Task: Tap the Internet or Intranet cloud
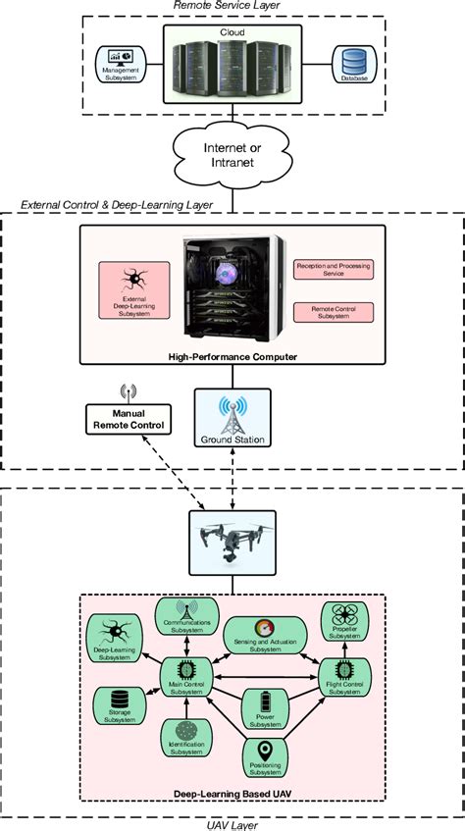(x=232, y=156)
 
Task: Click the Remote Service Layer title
(x=232, y=7)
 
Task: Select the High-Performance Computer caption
(x=232, y=358)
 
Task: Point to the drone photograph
(x=232, y=541)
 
